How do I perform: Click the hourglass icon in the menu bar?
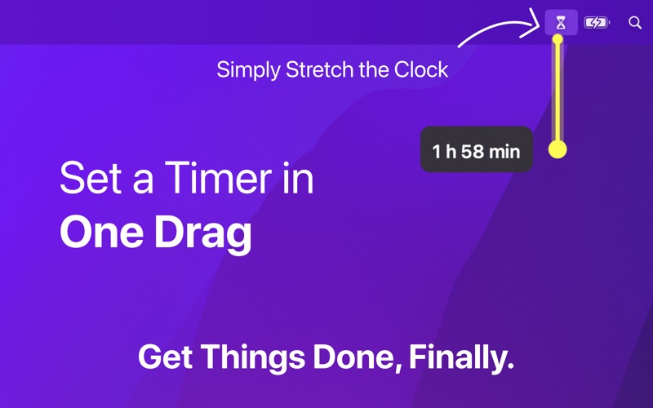click(560, 23)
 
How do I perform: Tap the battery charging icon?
click(597, 23)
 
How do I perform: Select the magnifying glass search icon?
click(635, 23)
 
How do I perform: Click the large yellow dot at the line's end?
click(558, 149)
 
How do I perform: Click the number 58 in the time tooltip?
click(473, 151)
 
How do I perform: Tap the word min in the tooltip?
click(505, 151)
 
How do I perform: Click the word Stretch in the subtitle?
click(320, 70)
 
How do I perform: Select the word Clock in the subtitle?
click(421, 69)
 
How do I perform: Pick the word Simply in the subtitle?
click(248, 70)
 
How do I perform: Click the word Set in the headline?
click(87, 179)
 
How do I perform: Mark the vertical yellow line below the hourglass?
click(558, 94)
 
